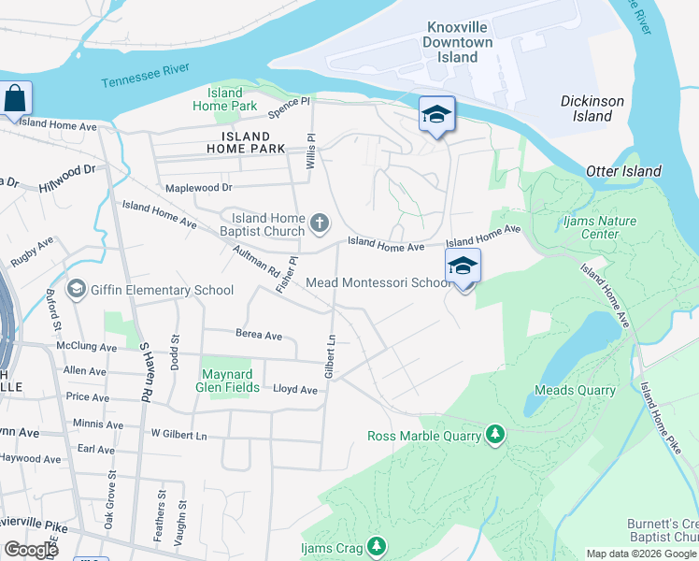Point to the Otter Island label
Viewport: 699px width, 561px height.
tap(623, 171)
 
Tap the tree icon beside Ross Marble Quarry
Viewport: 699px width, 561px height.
tap(495, 435)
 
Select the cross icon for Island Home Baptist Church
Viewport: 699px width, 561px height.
tap(320, 223)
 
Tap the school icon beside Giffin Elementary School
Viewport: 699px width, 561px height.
tap(76, 290)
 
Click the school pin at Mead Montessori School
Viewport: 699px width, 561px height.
tap(463, 266)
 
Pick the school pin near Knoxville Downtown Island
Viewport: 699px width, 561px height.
tap(436, 114)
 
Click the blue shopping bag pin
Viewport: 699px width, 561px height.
tap(16, 98)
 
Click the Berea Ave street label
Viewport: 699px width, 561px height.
tap(259, 335)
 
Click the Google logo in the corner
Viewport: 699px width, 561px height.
tap(31, 550)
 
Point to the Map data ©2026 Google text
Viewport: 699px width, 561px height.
tap(641, 554)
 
